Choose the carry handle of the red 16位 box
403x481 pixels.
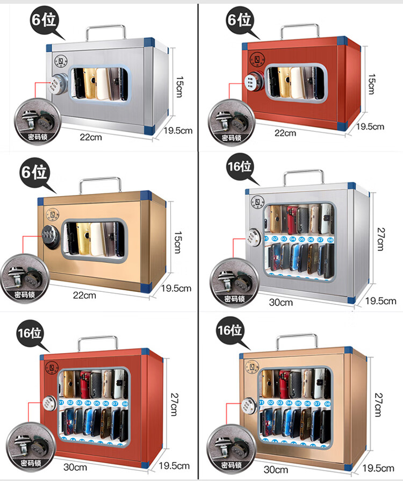pos(97,339)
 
